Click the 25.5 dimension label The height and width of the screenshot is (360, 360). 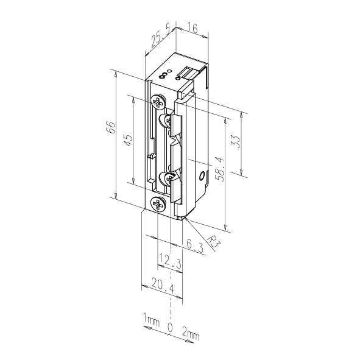pyautogui.click(x=161, y=37)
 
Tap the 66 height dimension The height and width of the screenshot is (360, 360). pyautogui.click(x=110, y=127)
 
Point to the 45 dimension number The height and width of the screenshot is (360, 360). pyautogui.click(x=128, y=140)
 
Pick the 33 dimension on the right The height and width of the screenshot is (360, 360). pyautogui.click(x=236, y=142)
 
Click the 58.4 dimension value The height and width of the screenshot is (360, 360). pyautogui.click(x=220, y=169)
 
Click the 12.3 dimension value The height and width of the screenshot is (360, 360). pyautogui.click(x=171, y=261)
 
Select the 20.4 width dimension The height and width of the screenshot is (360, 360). pyautogui.click(x=163, y=285)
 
